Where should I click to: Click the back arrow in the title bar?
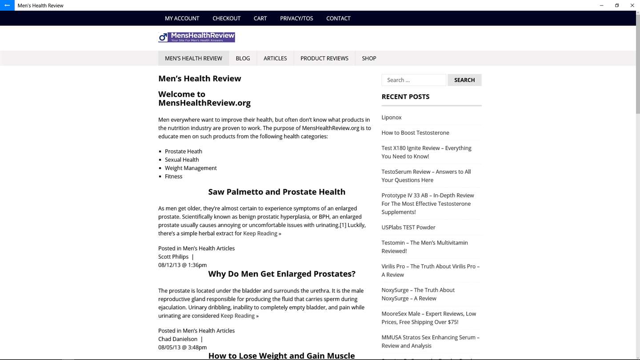click(7, 5)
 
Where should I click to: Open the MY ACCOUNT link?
click(182, 18)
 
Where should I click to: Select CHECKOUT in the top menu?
click(226, 18)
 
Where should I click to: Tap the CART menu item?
click(260, 18)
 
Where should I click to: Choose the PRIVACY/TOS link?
click(296, 18)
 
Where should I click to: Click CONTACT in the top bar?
click(338, 18)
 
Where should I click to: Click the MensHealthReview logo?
click(196, 37)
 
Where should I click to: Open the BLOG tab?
click(243, 58)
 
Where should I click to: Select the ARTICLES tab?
click(275, 58)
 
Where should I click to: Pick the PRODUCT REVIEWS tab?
click(324, 58)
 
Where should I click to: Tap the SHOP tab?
click(369, 58)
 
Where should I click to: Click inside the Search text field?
click(413, 80)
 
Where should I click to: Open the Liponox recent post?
click(392, 117)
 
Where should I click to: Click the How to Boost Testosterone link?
click(415, 132)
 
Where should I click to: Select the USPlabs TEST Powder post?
click(408, 227)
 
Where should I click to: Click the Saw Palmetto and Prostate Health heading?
click(276, 192)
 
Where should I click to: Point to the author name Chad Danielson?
click(178, 339)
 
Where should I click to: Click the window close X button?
click(632, 5)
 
